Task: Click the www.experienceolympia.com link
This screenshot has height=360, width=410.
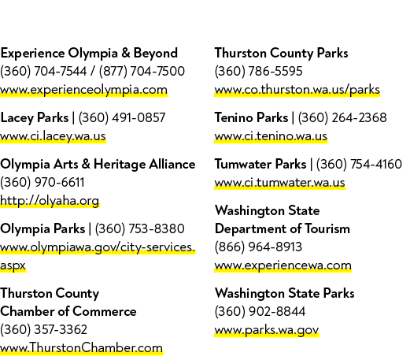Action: pyautogui.click(x=83, y=90)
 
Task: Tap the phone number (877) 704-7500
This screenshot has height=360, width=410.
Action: pyautogui.click(x=142, y=71)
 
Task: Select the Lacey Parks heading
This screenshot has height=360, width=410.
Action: pyautogui.click(x=35, y=117)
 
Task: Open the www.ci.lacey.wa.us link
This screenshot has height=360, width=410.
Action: pyautogui.click(x=53, y=136)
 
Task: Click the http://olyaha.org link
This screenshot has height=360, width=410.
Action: pyautogui.click(x=50, y=201)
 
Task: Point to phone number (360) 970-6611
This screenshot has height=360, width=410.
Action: pyautogui.click(x=42, y=182)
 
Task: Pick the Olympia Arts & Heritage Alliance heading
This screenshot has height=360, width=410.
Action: pyautogui.click(x=98, y=164)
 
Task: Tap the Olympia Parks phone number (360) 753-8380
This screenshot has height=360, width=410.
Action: pyautogui.click(x=139, y=228)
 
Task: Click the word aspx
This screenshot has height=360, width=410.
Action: pyautogui.click(x=13, y=265)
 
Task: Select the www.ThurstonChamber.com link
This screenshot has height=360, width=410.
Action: pyautogui.click(x=81, y=348)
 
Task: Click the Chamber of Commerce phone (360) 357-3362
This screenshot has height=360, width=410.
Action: pyautogui.click(x=43, y=329)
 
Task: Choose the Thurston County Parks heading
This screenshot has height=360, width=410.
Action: pyautogui.click(x=282, y=53)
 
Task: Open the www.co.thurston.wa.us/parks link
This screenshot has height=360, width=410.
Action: pyautogui.click(x=297, y=90)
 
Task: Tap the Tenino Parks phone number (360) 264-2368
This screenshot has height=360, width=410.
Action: pyautogui.click(x=342, y=117)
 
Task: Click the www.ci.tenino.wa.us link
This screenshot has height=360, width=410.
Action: pyautogui.click(x=271, y=136)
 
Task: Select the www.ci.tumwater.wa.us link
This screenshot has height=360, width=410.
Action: pyautogui.click(x=279, y=183)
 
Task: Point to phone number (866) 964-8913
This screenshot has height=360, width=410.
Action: pyautogui.click(x=258, y=247)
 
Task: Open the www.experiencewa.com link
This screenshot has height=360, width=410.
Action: pyautogui.click(x=283, y=265)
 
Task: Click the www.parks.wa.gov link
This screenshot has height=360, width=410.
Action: pyautogui.click(x=267, y=330)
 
